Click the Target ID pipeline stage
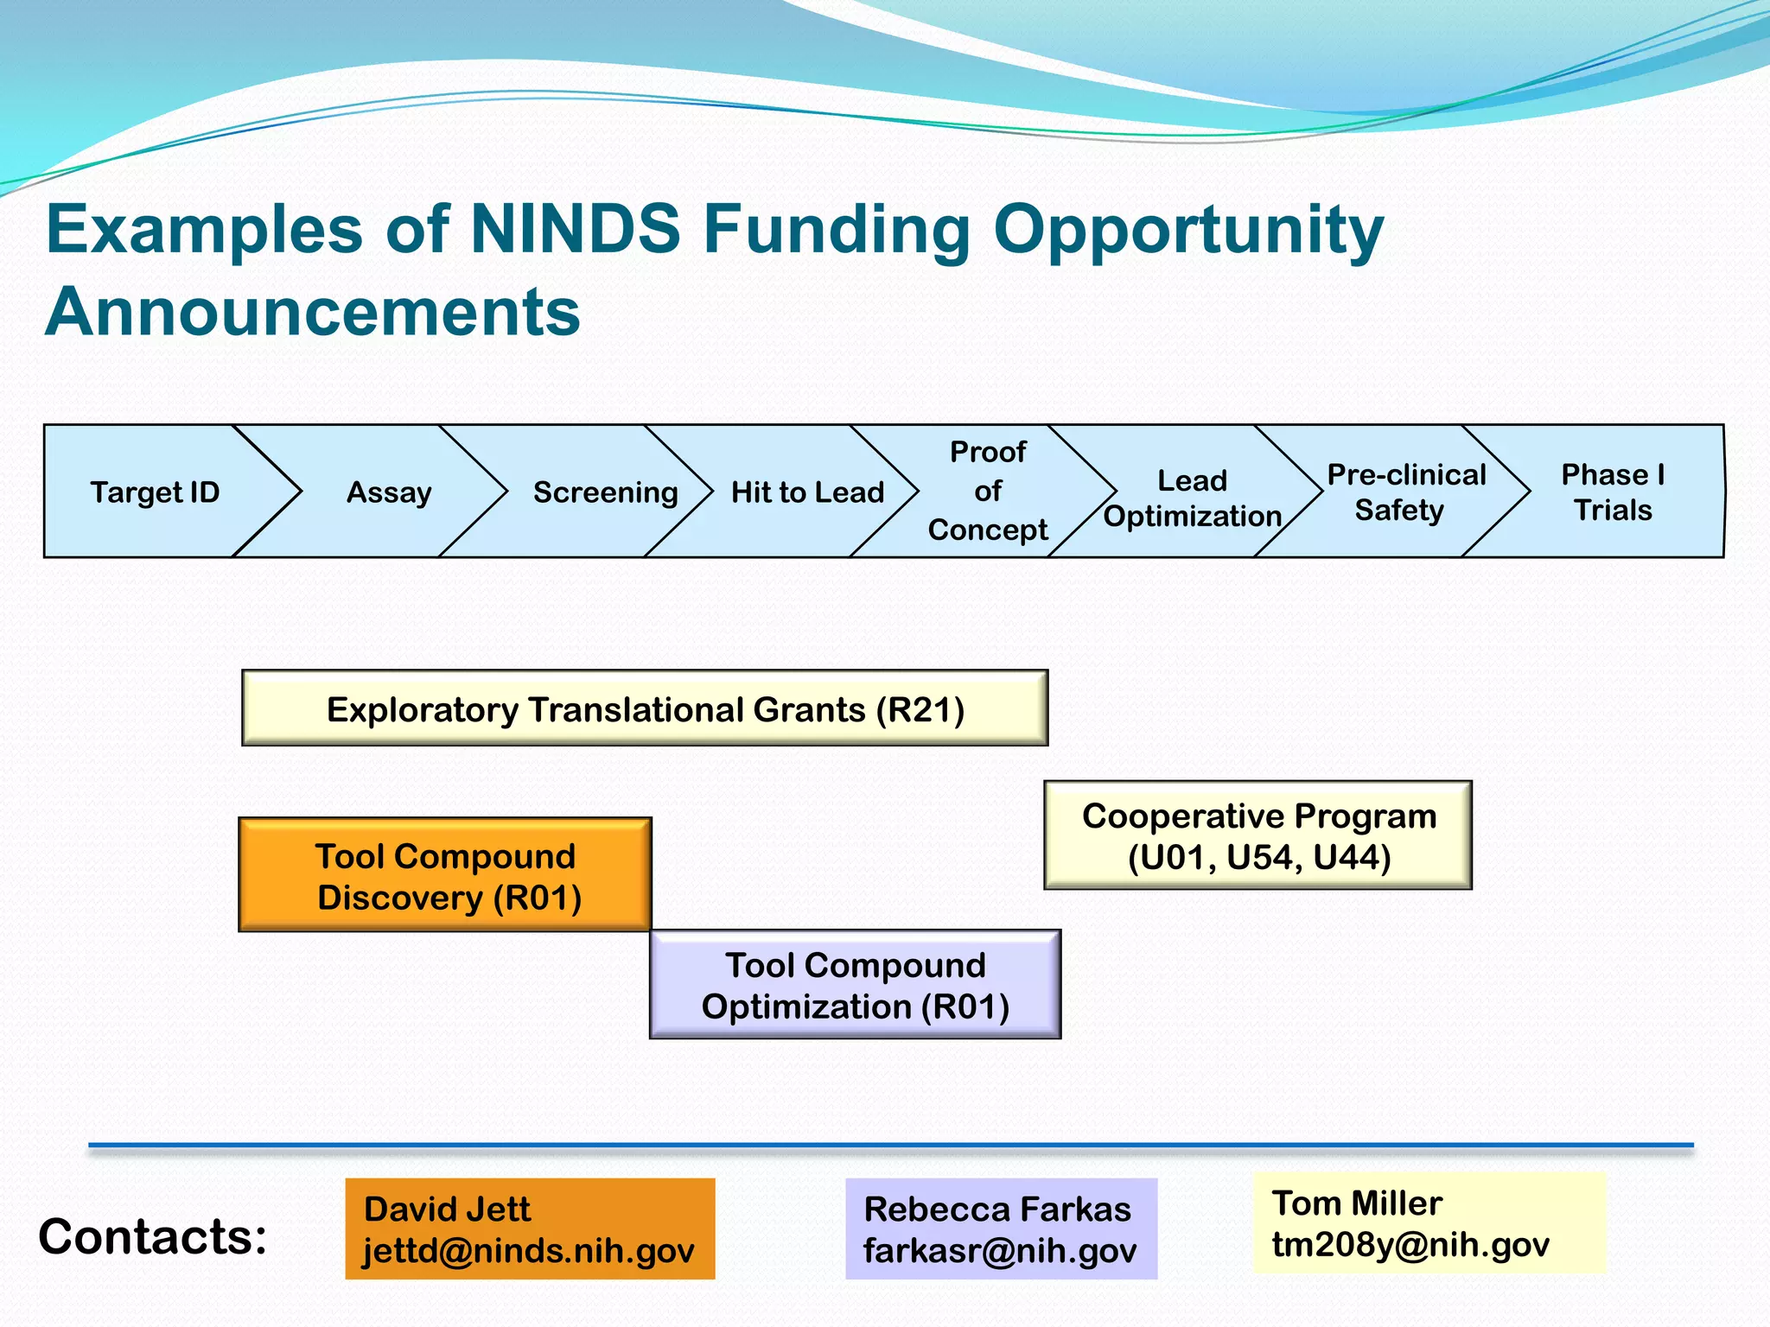[x=156, y=492]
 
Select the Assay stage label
[x=389, y=492]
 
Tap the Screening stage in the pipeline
[x=605, y=492]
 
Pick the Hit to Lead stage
[x=807, y=492]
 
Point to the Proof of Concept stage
[x=988, y=491]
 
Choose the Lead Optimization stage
[x=1193, y=498]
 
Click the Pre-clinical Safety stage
[x=1405, y=492]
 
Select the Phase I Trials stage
[x=1613, y=492]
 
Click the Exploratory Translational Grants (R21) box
[x=645, y=708]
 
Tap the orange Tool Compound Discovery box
[x=445, y=875]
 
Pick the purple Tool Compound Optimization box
[x=855, y=985]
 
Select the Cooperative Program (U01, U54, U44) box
[x=1258, y=835]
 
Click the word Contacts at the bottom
[x=153, y=1236]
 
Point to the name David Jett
[x=447, y=1209]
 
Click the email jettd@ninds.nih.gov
[x=528, y=1250]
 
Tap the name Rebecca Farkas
[x=997, y=1209]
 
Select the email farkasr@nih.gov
[x=1000, y=1250]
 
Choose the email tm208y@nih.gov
[x=1410, y=1244]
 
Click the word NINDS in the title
[x=575, y=229]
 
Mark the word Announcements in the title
[x=313, y=311]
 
